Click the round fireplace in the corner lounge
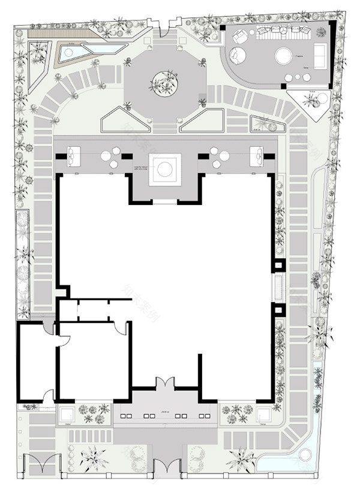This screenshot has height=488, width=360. coord(283,57)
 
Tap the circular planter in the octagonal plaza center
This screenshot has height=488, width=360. coord(164,83)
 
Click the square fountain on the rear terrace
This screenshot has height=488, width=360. coord(164,169)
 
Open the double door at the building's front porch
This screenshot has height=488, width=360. coord(164,384)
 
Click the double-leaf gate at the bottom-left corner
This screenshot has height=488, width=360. coord(46,466)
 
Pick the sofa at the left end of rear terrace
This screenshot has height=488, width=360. coord(74,155)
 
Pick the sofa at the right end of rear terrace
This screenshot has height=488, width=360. coord(257,155)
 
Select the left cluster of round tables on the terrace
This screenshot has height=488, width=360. coord(110,158)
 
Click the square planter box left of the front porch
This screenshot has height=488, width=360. coord(66,414)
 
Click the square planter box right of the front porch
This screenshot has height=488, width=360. coord(262,414)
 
